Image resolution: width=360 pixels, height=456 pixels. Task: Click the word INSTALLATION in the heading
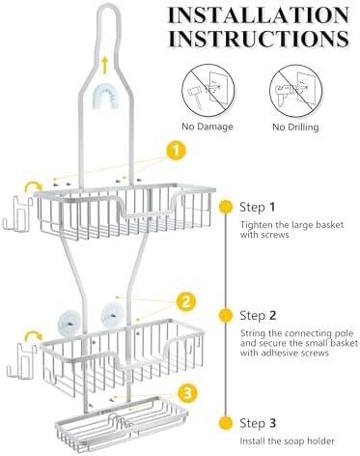(259, 15)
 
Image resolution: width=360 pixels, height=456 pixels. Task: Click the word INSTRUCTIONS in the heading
(259, 39)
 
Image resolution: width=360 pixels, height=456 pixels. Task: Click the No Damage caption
(208, 127)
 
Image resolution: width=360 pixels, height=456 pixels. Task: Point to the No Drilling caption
(295, 127)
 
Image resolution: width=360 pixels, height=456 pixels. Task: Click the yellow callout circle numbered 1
(177, 151)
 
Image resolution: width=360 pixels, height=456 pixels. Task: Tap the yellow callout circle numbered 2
(186, 302)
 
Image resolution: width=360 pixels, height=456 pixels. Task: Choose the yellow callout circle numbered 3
(187, 392)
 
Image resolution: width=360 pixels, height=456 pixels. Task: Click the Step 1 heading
(258, 207)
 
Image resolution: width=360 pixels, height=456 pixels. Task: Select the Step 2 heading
(258, 315)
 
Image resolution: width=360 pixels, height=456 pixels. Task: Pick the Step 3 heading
(258, 423)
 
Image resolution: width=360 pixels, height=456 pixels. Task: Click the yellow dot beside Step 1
(226, 207)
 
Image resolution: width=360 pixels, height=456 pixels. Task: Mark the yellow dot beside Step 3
(226, 423)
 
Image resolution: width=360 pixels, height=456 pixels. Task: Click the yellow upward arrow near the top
(104, 66)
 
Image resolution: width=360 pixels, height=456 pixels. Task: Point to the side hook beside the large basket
(17, 214)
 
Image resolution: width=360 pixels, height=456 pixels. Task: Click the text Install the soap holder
(288, 441)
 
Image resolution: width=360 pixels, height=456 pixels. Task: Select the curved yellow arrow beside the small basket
(34, 336)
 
